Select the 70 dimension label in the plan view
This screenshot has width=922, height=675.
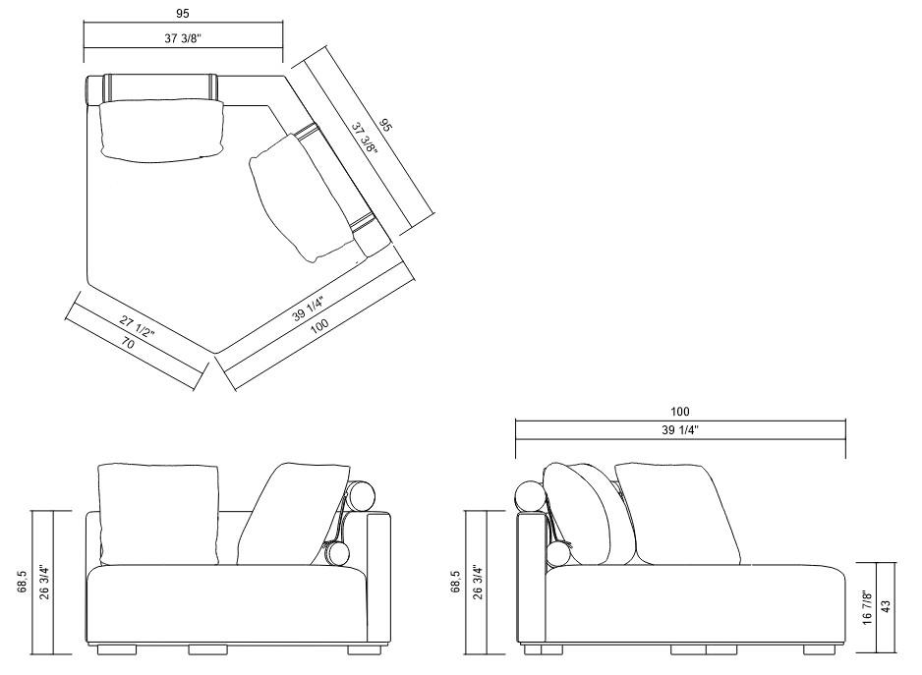pyautogui.click(x=128, y=342)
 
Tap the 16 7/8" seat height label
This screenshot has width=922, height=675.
pyautogui.click(x=867, y=608)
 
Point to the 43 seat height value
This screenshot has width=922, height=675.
pyautogui.click(x=887, y=605)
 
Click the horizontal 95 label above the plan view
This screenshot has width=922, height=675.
pyautogui.click(x=182, y=13)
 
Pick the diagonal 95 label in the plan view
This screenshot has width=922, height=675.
pyautogui.click(x=385, y=125)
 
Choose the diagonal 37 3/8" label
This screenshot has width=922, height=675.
pyautogui.click(x=363, y=138)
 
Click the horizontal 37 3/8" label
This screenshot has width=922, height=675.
pyautogui.click(x=183, y=38)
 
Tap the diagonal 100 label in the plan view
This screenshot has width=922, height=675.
pyautogui.click(x=319, y=326)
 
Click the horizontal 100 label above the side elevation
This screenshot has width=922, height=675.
pyautogui.click(x=680, y=412)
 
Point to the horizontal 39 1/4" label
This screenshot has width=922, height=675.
pyautogui.click(x=680, y=429)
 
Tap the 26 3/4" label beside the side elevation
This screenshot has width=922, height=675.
pyautogui.click(x=478, y=582)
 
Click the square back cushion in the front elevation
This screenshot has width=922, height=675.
pyautogui.click(x=159, y=514)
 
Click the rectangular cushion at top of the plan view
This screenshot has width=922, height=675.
pyautogui.click(x=162, y=131)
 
